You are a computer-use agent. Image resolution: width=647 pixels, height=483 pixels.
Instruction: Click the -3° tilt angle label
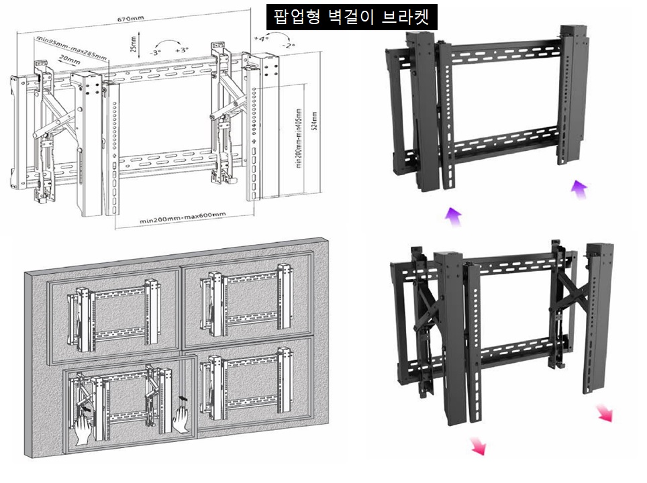156,51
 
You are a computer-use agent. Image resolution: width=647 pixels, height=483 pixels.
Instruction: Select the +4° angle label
262,39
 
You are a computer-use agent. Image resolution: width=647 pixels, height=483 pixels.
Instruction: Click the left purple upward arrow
454,216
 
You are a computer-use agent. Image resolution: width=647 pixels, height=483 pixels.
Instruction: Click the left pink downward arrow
479,445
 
